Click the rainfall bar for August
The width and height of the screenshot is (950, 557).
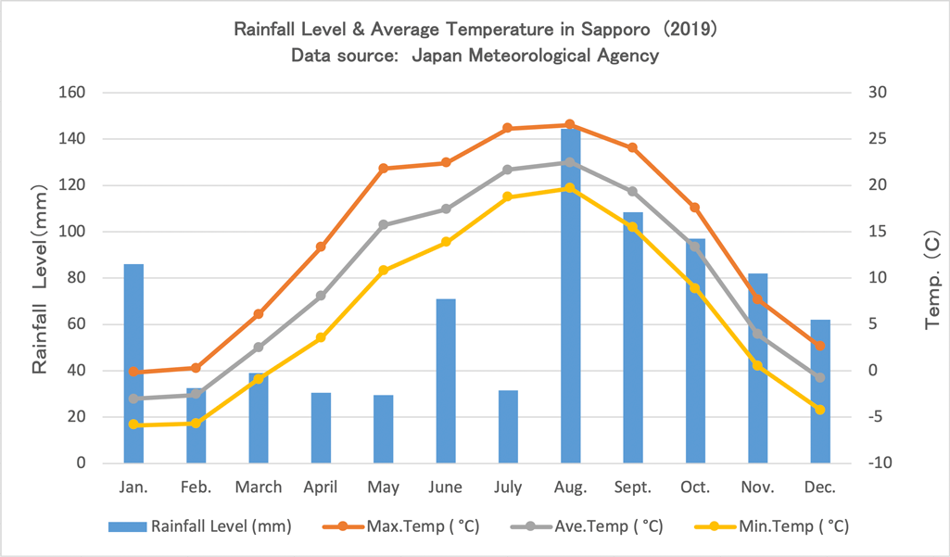570,297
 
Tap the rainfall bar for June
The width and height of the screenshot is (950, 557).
446,381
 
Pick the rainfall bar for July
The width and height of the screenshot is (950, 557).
508,426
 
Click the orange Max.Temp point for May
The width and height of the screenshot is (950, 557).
384,169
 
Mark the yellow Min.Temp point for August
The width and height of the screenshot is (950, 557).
570,188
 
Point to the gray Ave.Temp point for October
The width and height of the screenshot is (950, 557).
695,247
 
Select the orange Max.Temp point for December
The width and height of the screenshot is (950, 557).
819,346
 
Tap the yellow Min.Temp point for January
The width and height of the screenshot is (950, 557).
133,424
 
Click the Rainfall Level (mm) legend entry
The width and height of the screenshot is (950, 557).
200,526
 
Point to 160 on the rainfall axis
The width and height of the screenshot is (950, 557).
73,93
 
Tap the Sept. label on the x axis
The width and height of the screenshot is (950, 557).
632,487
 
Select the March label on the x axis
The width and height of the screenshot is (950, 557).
259,487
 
